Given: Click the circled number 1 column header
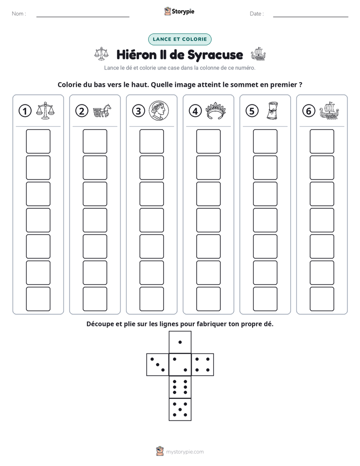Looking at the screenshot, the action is [x=25, y=111].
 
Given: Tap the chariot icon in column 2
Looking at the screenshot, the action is [x=102, y=111].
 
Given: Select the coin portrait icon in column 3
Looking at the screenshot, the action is [x=159, y=110].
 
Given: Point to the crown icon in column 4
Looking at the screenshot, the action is [x=216, y=111].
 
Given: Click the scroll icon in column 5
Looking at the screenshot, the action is [x=272, y=110].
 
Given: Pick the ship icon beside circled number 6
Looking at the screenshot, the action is [x=329, y=110].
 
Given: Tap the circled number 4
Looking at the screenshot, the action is [x=195, y=111].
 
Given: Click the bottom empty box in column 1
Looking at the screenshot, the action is [x=38, y=299].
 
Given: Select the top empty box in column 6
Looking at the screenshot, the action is [x=322, y=141].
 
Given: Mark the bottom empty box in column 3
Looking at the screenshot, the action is [x=151, y=299].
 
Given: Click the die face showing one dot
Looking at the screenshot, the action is [x=180, y=342].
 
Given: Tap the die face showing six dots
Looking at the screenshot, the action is [x=180, y=387].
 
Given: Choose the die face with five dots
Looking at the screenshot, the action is [x=180, y=410].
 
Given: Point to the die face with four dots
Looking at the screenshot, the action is [x=203, y=365].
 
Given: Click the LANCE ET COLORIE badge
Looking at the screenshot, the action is [x=179, y=39].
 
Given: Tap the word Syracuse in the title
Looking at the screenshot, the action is [x=215, y=55].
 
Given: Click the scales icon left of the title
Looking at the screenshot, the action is [x=101, y=54].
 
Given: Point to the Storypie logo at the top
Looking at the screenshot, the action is [x=179, y=11].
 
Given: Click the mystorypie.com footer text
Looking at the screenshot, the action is [x=185, y=452].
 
